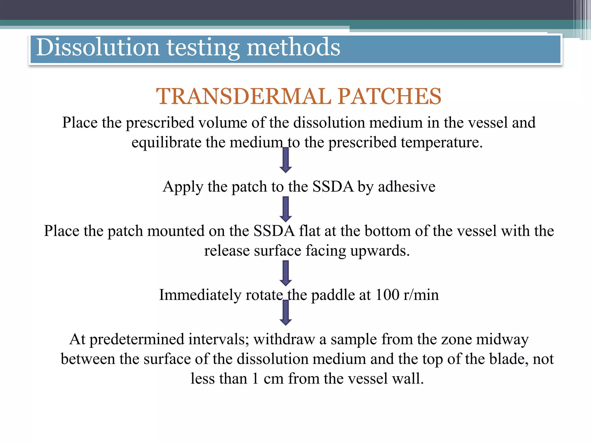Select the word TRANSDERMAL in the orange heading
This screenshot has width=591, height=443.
coord(244,96)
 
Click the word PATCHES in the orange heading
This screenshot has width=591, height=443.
coord(389,96)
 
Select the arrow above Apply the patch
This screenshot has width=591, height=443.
coord(286,160)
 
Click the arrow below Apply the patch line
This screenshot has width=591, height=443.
coord(286,209)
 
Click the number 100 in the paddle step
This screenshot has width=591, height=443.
coord(387,295)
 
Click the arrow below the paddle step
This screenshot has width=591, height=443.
coord(286,313)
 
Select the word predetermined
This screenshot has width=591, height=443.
coord(137,339)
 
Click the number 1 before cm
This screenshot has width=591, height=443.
coord(255,379)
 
